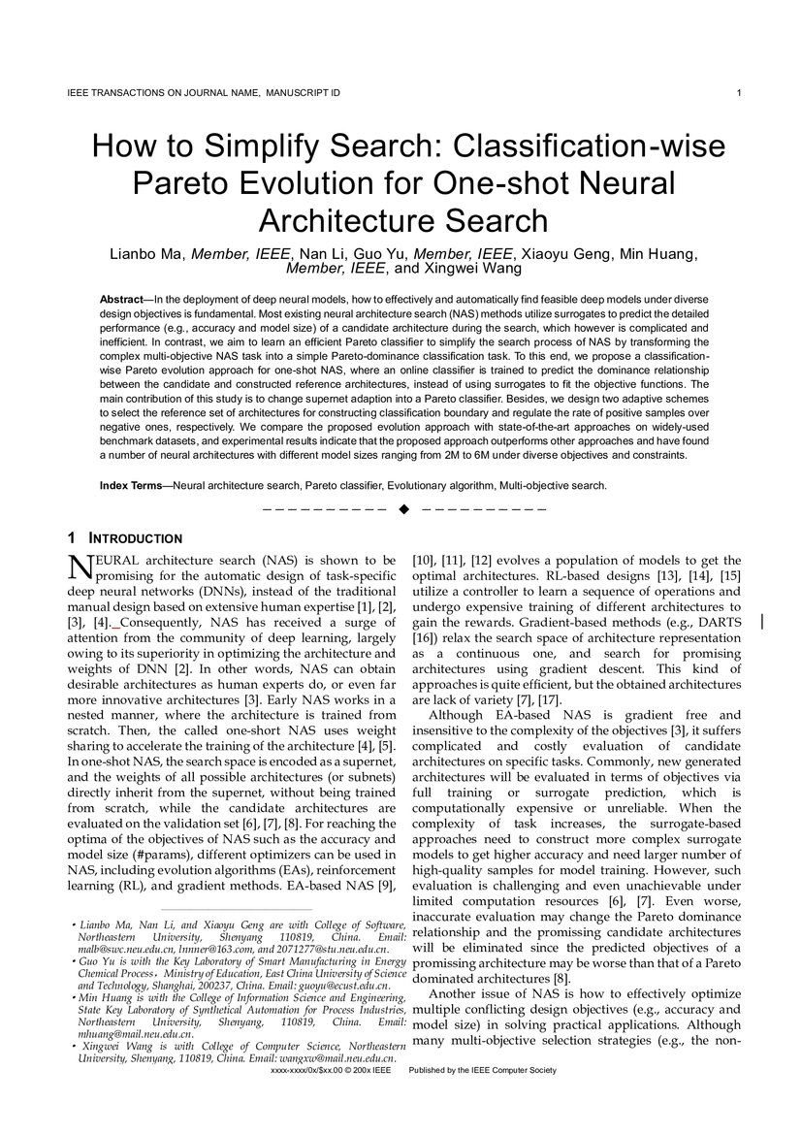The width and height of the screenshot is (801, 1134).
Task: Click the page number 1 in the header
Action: pyautogui.click(x=739, y=93)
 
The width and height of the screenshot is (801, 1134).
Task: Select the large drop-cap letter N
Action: pyautogui.click(x=81, y=567)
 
